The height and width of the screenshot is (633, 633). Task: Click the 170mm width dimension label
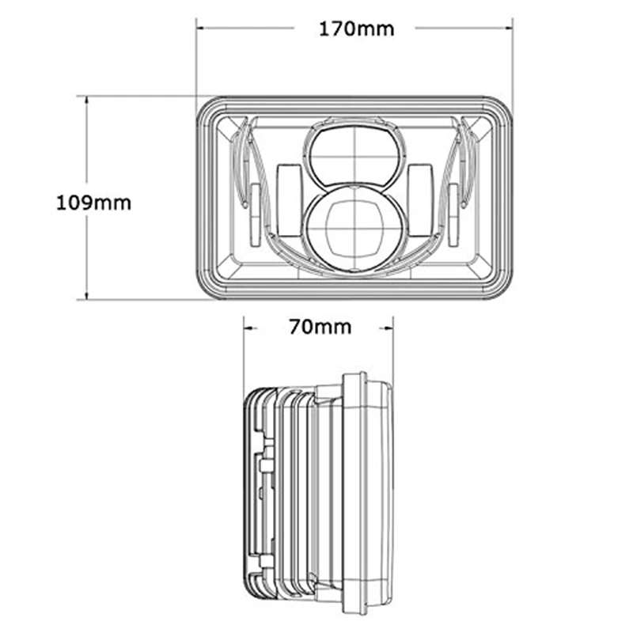point(357,29)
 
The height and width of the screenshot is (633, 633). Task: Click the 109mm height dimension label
point(93,203)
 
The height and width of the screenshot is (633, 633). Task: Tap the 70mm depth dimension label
point(320,327)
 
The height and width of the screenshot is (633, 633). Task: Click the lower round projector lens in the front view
point(354,229)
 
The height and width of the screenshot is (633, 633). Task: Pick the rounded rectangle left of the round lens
point(289,200)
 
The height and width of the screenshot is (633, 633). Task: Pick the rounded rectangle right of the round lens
point(420,200)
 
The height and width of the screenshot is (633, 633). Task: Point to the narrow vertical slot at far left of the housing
point(255,214)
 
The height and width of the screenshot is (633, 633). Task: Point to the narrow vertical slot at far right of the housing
point(453,214)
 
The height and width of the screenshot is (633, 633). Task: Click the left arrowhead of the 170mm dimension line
point(202,28)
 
